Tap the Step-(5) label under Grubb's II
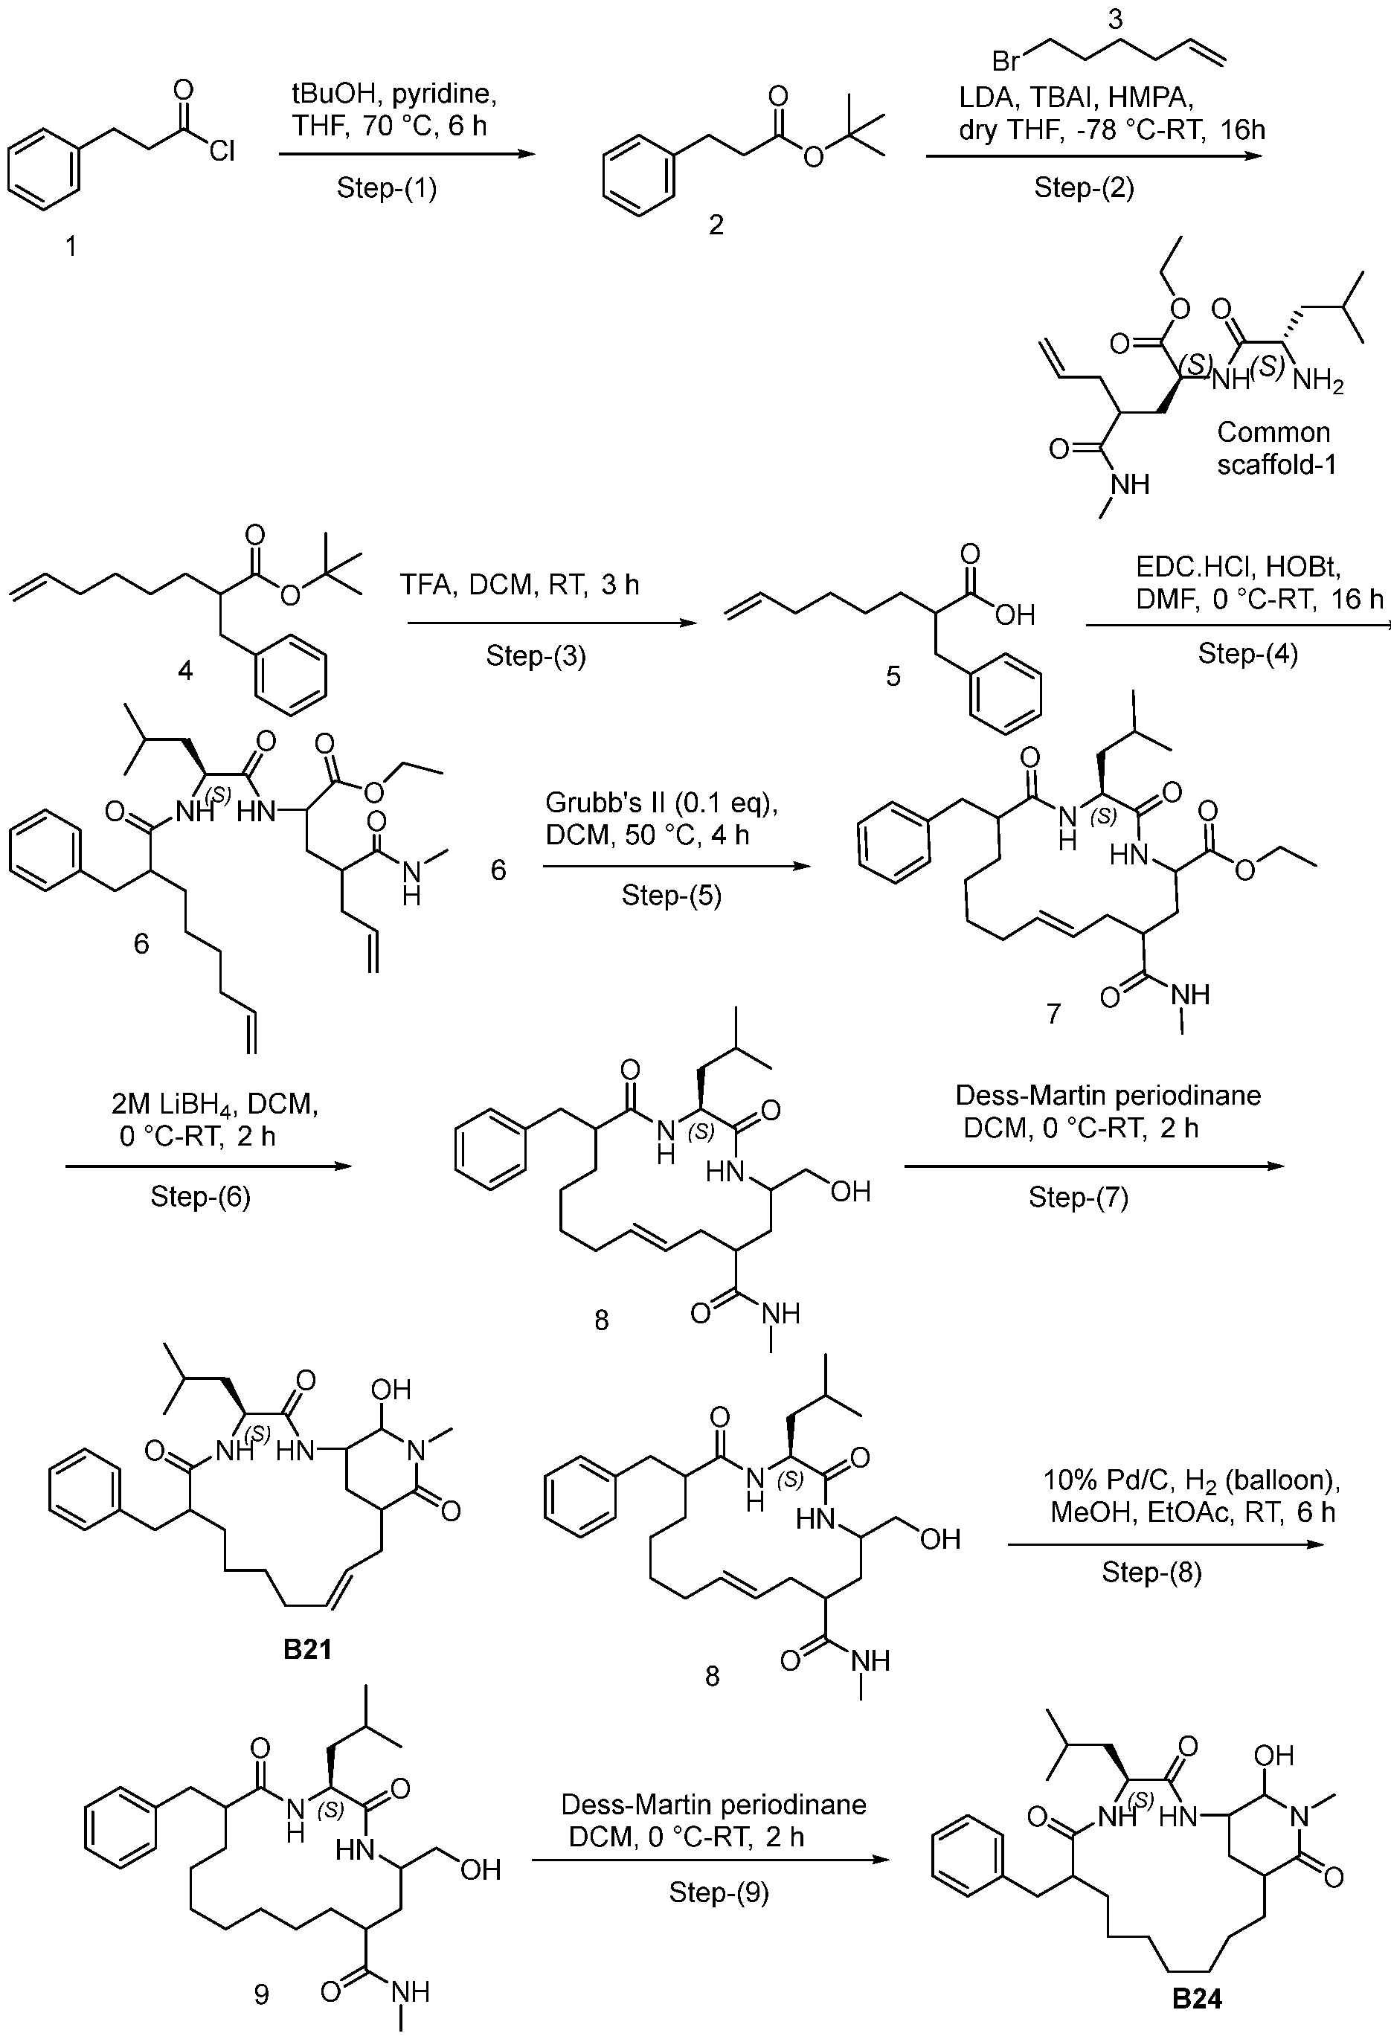click(x=672, y=895)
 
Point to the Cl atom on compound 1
click(x=222, y=152)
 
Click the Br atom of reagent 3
click(x=1006, y=62)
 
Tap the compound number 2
click(x=716, y=225)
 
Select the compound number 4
click(x=185, y=670)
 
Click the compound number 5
click(x=893, y=675)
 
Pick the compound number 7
click(x=1053, y=1013)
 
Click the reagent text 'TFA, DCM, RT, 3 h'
click(x=520, y=585)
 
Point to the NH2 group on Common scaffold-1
click(x=1317, y=381)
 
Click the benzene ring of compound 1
click(x=44, y=170)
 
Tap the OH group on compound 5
click(x=1015, y=615)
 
